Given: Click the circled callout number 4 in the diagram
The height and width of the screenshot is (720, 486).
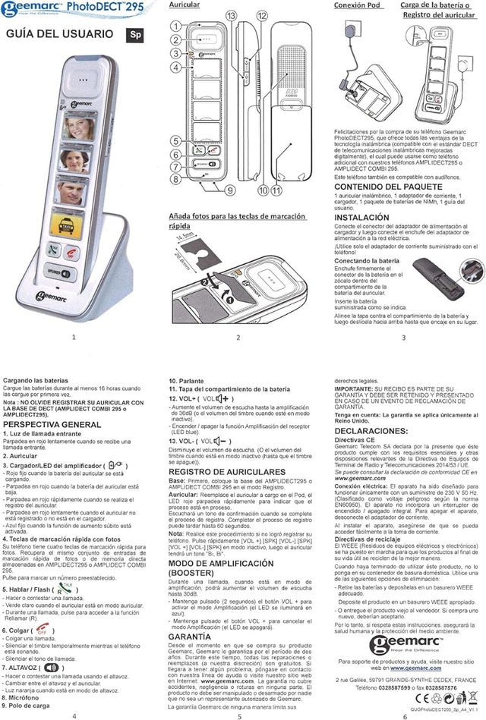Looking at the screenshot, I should tap(175, 67).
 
